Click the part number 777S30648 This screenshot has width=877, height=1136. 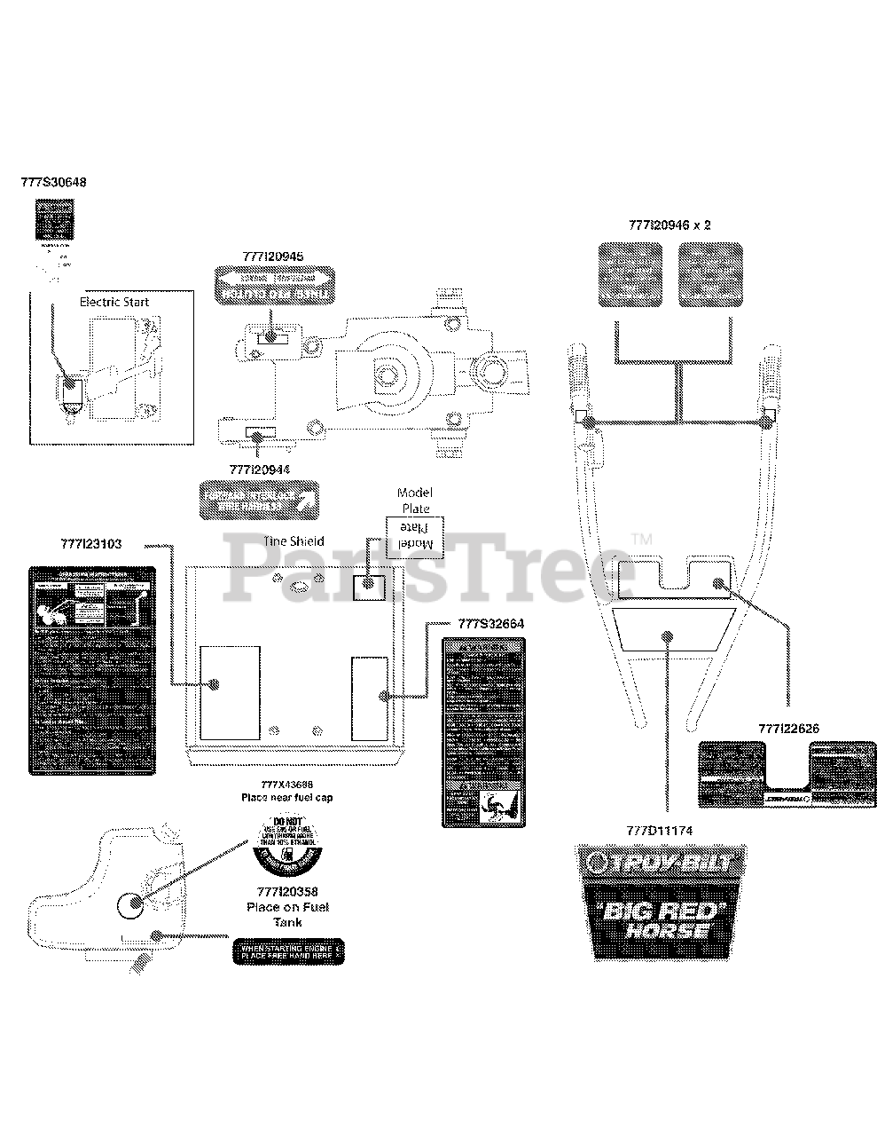[x=53, y=182]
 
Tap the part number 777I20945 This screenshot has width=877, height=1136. [x=272, y=256]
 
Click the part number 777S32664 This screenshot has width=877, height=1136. [x=490, y=623]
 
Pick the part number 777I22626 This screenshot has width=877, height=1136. [x=788, y=728]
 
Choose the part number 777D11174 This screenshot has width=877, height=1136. [x=659, y=831]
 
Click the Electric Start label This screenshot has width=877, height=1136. [x=114, y=302]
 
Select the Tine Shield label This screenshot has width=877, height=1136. [x=294, y=540]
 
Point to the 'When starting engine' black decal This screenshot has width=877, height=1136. [x=286, y=951]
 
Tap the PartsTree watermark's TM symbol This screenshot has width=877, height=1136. [x=642, y=539]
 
